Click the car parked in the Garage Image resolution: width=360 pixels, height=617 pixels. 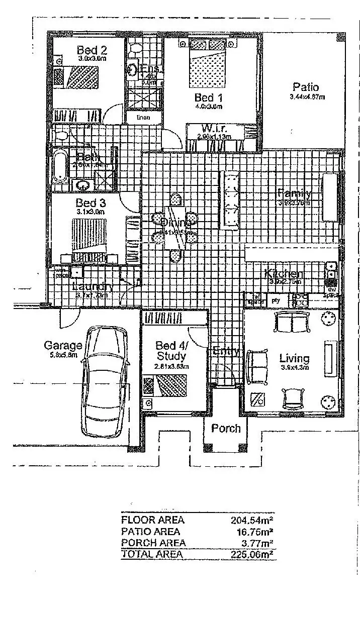point(105,382)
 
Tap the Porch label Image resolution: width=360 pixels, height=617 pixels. point(226,429)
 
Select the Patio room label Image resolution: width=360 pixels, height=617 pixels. point(306,87)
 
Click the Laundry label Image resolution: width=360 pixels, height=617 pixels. point(92,286)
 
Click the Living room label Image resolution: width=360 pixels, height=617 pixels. point(294,358)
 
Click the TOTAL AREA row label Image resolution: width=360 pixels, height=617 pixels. point(152,555)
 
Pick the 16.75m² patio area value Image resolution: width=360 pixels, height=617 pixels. point(255,532)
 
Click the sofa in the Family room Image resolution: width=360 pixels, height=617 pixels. point(232,200)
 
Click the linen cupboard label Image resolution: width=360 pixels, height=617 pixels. point(143,117)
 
